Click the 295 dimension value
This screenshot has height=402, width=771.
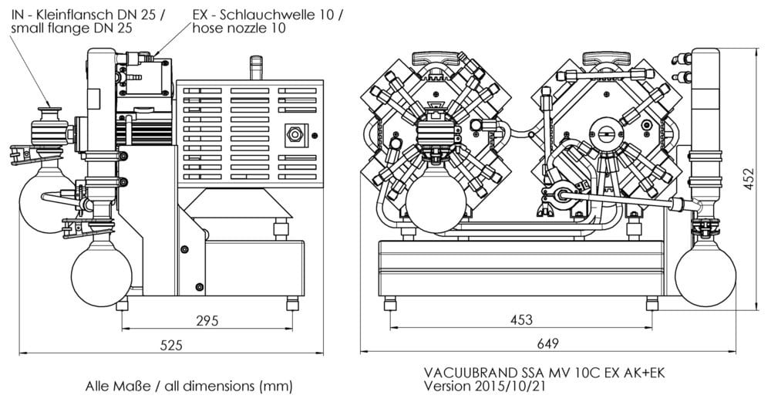[x=207, y=321]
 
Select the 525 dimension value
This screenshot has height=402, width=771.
[x=171, y=345]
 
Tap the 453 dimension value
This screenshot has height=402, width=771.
[x=521, y=320]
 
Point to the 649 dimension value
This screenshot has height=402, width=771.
[x=547, y=343]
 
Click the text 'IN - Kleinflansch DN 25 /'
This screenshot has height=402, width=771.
[x=88, y=15]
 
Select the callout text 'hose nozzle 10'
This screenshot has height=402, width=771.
[x=239, y=28]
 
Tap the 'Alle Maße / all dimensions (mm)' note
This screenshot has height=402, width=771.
[x=189, y=386]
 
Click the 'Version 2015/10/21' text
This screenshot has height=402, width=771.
[x=485, y=386]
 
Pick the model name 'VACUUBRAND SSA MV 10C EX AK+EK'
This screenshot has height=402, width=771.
[x=544, y=373]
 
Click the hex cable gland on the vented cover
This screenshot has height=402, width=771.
[x=295, y=134]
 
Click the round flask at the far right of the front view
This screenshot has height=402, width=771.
[x=705, y=275]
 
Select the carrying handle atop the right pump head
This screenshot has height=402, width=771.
[x=606, y=59]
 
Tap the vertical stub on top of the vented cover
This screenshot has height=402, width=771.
[x=256, y=68]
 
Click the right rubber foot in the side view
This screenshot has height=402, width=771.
[x=292, y=303]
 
